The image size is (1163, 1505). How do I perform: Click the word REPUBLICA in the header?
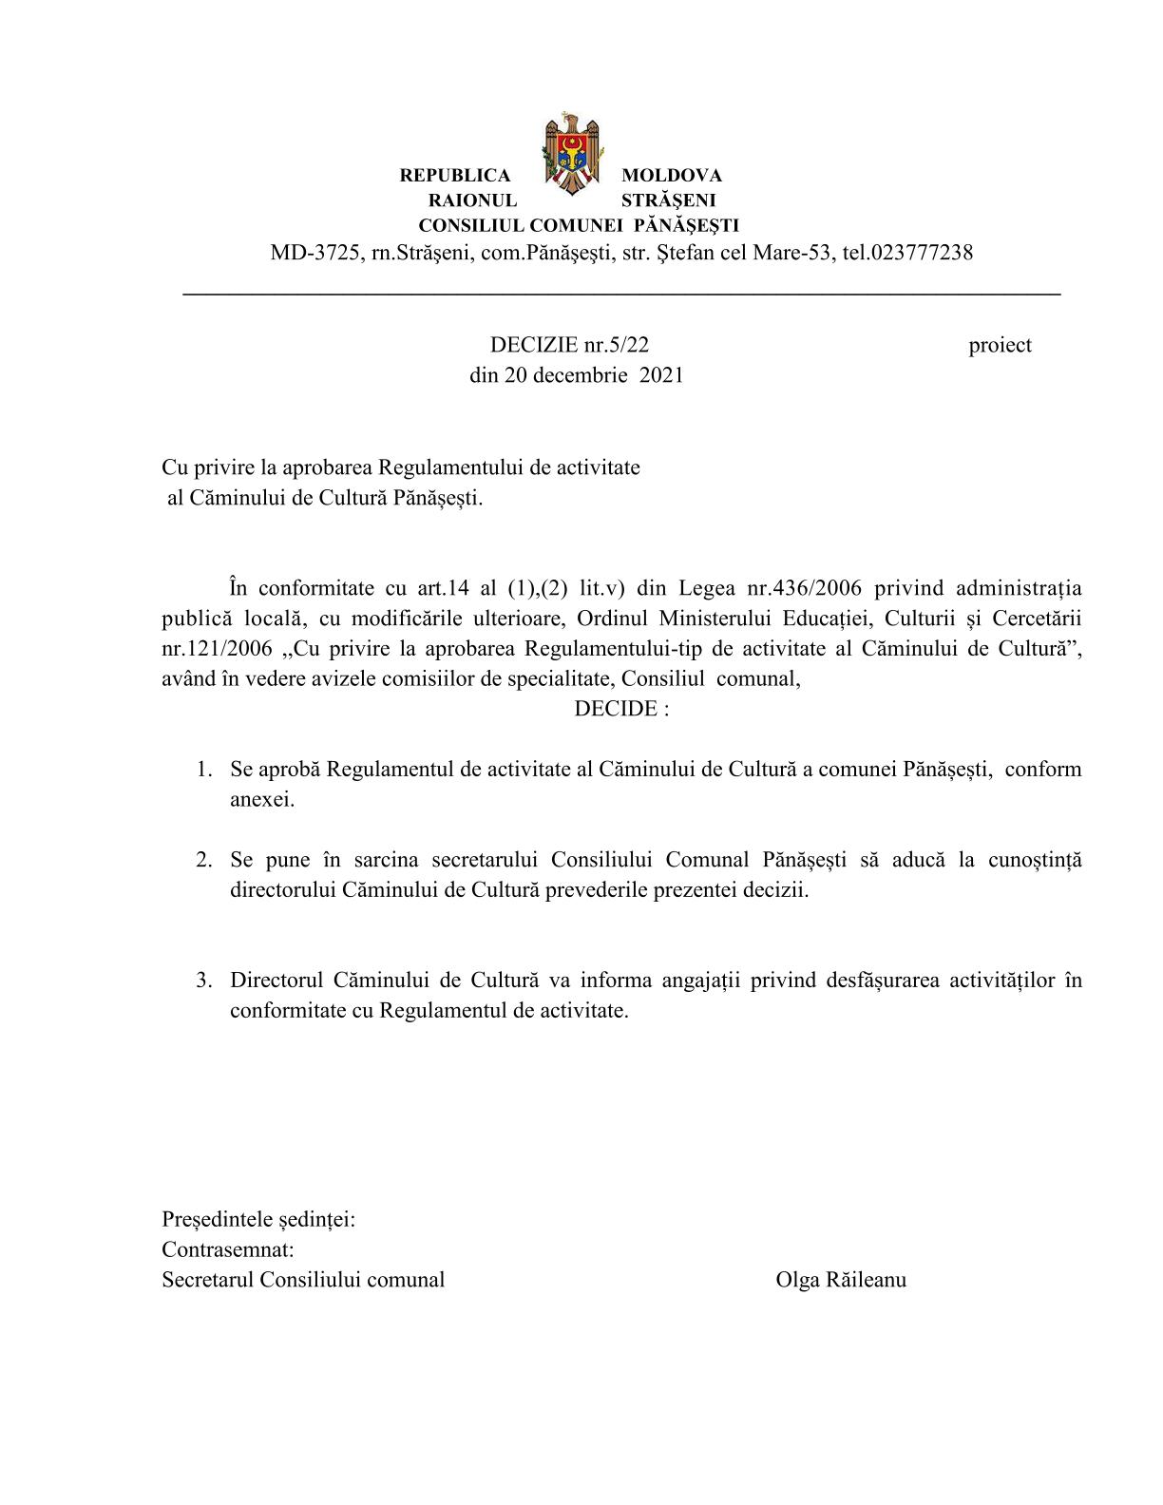454,176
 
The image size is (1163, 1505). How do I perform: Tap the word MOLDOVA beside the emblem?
671,176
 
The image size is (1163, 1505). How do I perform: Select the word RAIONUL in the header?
472,200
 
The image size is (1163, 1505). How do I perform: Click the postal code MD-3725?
315,253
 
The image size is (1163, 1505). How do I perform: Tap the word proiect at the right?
1000,345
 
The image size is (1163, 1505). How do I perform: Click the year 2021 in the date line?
661,375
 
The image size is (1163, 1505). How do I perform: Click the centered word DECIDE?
615,710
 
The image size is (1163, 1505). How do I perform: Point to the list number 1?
203,769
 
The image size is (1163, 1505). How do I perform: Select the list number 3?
203,980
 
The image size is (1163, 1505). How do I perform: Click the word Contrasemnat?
227,1248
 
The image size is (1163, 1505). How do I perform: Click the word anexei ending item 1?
262,799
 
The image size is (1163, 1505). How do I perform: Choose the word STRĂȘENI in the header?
668,200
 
